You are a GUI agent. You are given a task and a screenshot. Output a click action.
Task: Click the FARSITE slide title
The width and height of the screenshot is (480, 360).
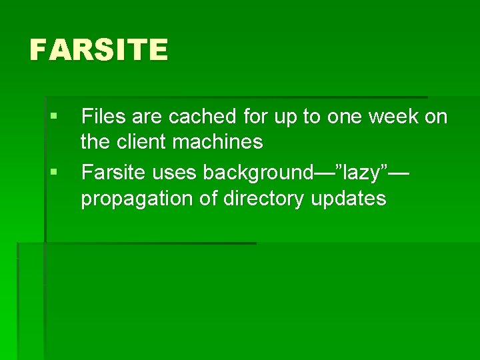[99, 50]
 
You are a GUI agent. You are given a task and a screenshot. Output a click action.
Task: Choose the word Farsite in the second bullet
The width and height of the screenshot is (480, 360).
[113, 173]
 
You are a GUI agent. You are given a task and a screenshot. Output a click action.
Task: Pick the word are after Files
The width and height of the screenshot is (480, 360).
[147, 117]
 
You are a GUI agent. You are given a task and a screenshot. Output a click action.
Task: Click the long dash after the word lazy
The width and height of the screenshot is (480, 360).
[398, 173]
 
